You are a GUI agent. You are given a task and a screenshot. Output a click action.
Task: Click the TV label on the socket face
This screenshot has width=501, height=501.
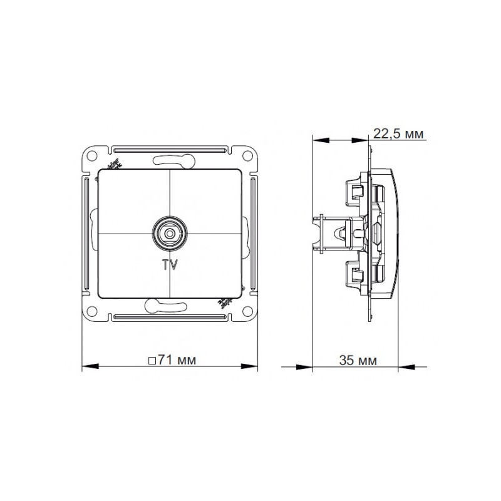[170, 264]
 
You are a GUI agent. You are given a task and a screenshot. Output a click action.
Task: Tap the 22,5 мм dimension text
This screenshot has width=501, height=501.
[398, 133]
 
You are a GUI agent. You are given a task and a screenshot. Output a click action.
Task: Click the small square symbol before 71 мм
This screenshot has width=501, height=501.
[152, 361]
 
